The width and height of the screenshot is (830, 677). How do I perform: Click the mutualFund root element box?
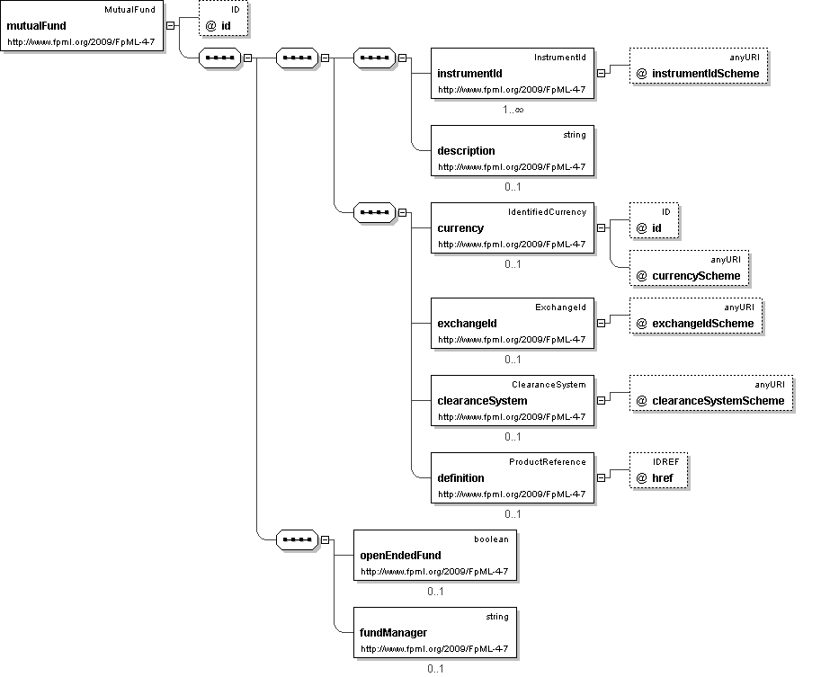(x=82, y=26)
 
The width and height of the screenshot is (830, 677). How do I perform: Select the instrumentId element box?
(x=513, y=73)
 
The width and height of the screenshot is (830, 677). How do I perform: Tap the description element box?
(x=513, y=150)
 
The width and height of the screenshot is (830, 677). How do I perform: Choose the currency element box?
(x=513, y=227)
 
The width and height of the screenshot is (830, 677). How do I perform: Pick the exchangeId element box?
(x=513, y=323)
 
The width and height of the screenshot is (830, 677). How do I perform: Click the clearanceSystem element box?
(x=513, y=400)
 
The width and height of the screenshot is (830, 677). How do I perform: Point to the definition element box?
(x=513, y=477)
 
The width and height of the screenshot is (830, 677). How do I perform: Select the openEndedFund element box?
(x=435, y=555)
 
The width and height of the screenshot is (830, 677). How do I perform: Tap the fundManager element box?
(x=435, y=632)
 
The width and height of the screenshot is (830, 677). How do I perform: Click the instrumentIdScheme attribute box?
(x=699, y=67)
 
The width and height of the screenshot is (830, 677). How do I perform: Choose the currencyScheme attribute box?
(x=689, y=268)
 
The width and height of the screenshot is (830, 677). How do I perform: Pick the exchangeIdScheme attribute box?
(x=696, y=316)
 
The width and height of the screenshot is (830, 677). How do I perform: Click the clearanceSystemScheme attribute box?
(x=711, y=393)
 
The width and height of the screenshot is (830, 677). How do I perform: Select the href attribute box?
(x=659, y=470)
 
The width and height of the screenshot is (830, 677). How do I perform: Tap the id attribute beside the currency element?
(x=654, y=221)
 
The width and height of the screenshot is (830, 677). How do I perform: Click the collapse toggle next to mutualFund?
(x=171, y=25)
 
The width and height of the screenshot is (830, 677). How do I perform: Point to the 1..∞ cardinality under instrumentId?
(x=513, y=110)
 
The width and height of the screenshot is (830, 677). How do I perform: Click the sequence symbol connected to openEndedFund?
(x=298, y=539)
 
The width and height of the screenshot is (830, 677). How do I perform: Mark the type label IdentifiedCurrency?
(x=547, y=211)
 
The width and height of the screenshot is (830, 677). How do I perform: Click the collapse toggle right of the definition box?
(x=602, y=477)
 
